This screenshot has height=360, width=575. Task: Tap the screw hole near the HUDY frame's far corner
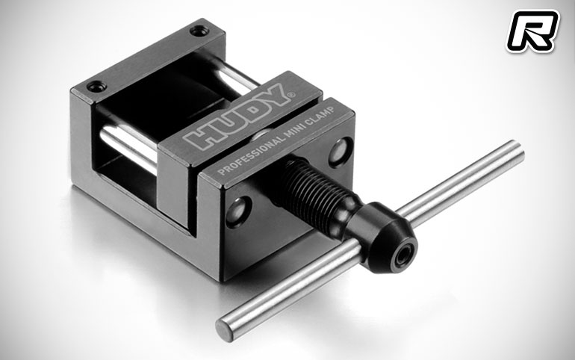[x=199, y=31]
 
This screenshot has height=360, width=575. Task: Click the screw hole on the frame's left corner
[x=96, y=87]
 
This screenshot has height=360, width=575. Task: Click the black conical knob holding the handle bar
[x=382, y=238]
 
